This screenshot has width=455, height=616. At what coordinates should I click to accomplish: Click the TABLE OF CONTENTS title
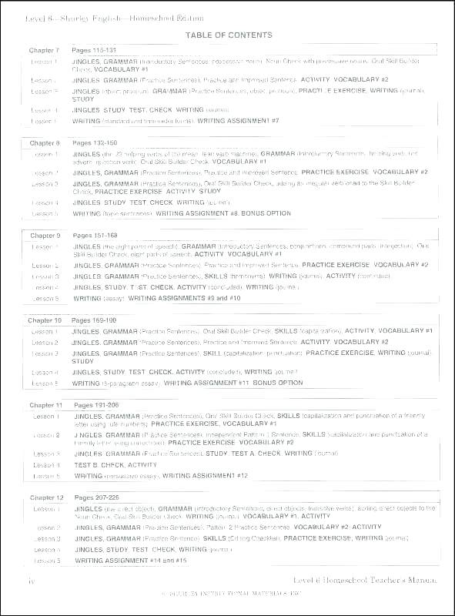[229, 35]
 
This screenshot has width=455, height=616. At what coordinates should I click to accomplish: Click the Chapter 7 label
[45, 50]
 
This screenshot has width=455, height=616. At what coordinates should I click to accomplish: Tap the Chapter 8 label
[45, 143]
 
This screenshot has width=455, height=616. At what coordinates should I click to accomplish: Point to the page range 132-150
[95, 143]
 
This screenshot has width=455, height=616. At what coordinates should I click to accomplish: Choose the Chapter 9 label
[45, 236]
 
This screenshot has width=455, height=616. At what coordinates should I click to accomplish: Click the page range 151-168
[95, 236]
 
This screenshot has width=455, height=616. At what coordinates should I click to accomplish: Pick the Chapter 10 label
[45, 320]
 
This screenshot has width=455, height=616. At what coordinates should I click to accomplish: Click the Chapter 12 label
[47, 498]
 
